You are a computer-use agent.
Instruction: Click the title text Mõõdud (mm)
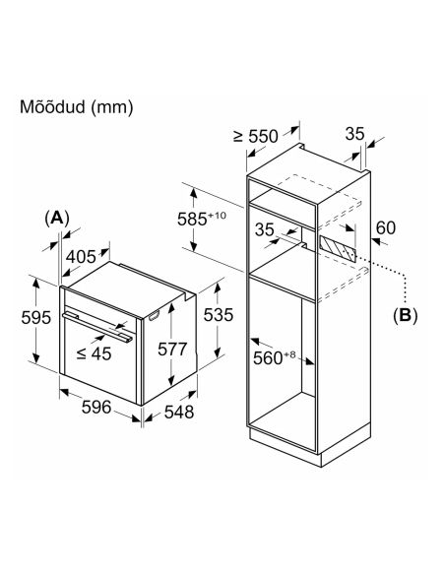tap(76, 107)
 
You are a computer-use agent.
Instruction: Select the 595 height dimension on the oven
tap(35, 317)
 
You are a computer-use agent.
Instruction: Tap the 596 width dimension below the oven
tap(96, 407)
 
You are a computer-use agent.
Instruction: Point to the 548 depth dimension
tap(179, 412)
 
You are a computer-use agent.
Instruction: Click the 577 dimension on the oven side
tap(172, 349)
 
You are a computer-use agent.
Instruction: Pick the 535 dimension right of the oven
tap(219, 315)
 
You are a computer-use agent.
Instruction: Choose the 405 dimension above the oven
tap(81, 256)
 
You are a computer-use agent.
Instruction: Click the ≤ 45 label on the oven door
tap(94, 353)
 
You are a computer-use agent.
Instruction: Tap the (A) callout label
tap(57, 219)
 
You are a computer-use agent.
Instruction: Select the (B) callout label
tap(405, 315)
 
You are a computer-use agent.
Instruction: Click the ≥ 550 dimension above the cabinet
tap(256, 137)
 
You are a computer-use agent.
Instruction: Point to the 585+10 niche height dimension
tap(202, 219)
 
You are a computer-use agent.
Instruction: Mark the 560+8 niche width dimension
tap(274, 357)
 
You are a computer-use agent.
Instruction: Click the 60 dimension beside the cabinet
tap(386, 227)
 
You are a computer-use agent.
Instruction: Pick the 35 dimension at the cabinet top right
tap(354, 134)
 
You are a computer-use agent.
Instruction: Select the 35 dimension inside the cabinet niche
tap(264, 230)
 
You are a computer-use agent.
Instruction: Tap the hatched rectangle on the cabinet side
tap(338, 249)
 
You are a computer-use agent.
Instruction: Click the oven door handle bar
tap(97, 328)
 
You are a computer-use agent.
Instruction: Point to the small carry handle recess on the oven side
tap(154, 316)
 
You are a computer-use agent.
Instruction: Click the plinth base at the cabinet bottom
tap(310, 444)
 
